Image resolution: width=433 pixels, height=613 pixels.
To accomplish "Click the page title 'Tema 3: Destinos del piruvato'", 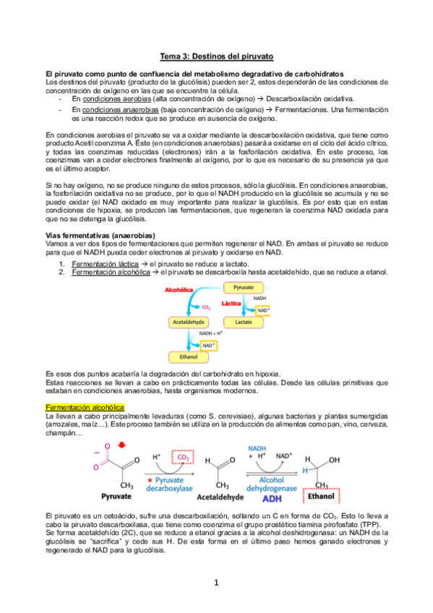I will point(216,56).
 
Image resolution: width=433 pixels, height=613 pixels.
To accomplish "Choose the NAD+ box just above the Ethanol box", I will point(208,346).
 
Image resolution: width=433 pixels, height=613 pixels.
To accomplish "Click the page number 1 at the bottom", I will point(216,583).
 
